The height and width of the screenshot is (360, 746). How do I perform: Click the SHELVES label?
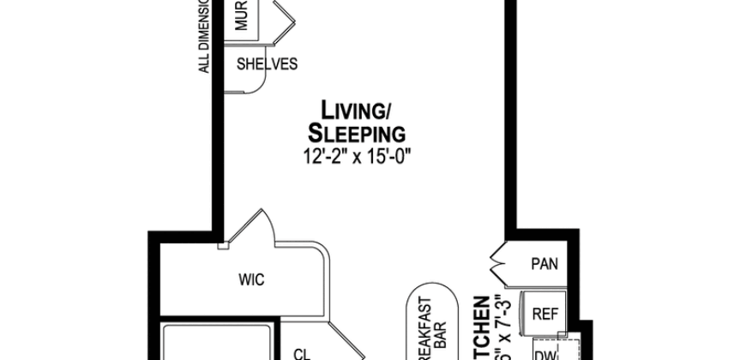pos(267,64)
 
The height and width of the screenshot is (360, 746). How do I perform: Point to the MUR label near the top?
pos(242,16)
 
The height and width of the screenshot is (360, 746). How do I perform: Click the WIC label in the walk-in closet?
pos(250,279)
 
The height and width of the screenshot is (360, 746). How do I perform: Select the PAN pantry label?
pos(544,263)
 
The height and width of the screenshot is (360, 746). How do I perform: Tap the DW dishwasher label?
pos(544,351)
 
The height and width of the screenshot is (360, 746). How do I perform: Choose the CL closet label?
pos(301,351)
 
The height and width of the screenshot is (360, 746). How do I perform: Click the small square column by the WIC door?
pos(223,247)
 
